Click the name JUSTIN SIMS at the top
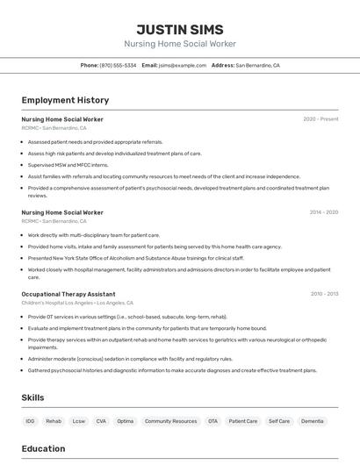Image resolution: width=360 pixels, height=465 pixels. (180, 29)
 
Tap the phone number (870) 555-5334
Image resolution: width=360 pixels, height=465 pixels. (118, 65)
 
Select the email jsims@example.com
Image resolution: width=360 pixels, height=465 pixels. (182, 65)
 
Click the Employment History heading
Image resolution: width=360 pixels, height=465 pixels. (65, 101)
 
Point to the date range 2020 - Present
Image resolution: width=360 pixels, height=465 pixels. (320, 119)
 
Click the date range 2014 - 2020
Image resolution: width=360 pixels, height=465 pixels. (323, 212)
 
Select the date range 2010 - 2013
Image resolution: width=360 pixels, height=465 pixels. (323, 294)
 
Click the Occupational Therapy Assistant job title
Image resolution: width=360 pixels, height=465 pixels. (68, 294)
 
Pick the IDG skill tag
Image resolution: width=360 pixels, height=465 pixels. (31, 421)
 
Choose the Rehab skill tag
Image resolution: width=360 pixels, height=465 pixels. (54, 421)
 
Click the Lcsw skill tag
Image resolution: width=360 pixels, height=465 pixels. (79, 421)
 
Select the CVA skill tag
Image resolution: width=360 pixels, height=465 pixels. (101, 421)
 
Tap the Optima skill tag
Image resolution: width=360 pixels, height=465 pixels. (126, 421)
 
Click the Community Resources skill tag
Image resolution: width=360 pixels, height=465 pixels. (170, 421)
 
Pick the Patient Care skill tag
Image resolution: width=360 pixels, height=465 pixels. (243, 421)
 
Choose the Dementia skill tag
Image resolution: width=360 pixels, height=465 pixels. (312, 421)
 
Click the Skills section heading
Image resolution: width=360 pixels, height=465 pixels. (33, 398)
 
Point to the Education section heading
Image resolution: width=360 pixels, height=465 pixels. (43, 449)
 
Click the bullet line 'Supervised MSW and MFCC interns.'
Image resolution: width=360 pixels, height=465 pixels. (68, 165)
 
